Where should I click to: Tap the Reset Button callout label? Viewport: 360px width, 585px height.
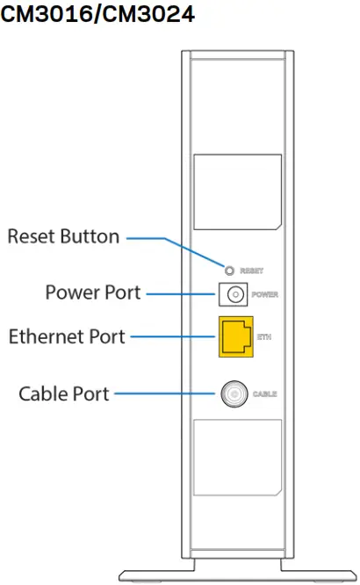click(x=63, y=237)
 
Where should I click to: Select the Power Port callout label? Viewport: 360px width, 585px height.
click(x=92, y=292)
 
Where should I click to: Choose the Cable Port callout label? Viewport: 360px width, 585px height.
click(x=64, y=394)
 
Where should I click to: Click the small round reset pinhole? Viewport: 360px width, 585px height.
click(x=230, y=270)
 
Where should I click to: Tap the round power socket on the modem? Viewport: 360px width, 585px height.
click(x=234, y=294)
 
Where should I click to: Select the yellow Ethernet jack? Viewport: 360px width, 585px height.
click(x=235, y=336)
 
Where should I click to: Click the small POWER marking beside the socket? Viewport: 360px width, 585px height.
click(x=264, y=294)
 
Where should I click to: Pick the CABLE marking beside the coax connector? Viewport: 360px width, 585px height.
click(x=265, y=394)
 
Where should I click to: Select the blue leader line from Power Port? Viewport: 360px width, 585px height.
click(x=180, y=293)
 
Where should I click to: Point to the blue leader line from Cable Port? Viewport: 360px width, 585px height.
click(x=167, y=394)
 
